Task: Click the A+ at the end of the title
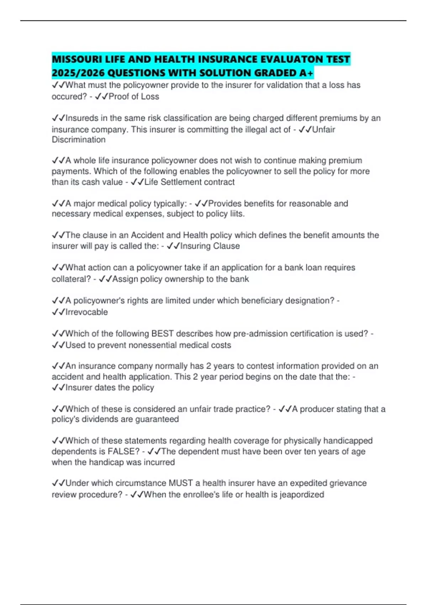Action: [x=306, y=73]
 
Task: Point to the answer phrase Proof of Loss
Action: [x=134, y=96]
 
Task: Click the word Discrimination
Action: [x=79, y=140]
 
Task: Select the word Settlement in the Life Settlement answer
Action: [x=183, y=182]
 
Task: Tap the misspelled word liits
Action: [x=237, y=214]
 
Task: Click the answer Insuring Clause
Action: [x=210, y=246]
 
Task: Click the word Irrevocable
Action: [x=86, y=312]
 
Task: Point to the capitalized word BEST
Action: [x=162, y=333]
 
